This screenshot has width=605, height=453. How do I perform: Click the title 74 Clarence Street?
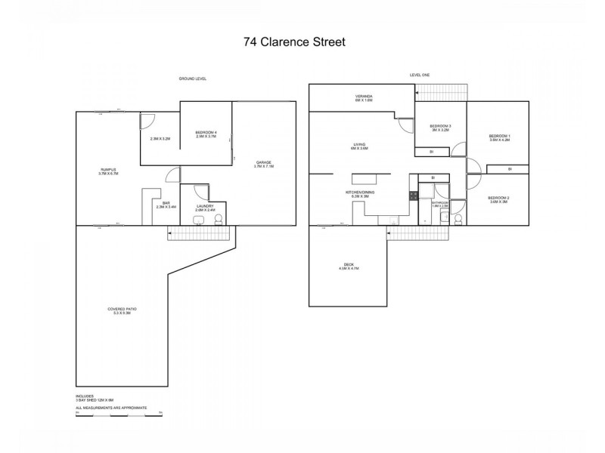pyautogui.click(x=294, y=42)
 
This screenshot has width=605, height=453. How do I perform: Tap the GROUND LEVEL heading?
pyautogui.click(x=193, y=79)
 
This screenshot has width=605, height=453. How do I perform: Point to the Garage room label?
pyautogui.click(x=263, y=162)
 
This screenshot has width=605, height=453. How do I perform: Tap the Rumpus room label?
pyautogui.click(x=108, y=170)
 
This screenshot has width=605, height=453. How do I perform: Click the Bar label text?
pyautogui.click(x=166, y=202)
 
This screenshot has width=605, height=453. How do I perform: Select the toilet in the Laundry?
pyautogui.click(x=219, y=219)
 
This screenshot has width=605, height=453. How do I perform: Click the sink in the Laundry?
pyautogui.click(x=197, y=220)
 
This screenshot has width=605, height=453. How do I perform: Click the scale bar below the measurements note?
pyautogui.click(x=119, y=411)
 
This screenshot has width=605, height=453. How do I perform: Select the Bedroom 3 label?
pyautogui.click(x=439, y=126)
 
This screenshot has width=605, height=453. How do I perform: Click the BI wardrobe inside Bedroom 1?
pyautogui.click(x=510, y=168)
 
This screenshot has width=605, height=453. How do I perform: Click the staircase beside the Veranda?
pyautogui.click(x=442, y=92)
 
